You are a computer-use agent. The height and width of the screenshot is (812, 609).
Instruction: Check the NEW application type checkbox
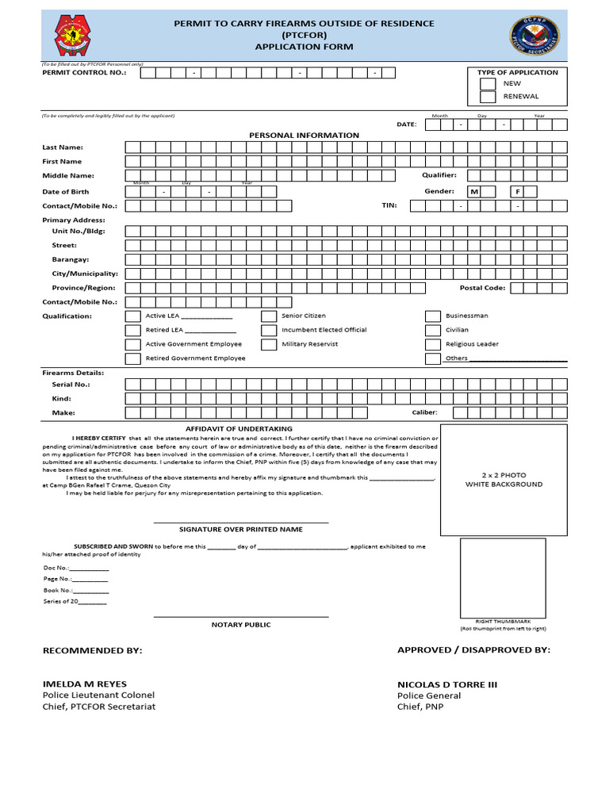pos(488,83)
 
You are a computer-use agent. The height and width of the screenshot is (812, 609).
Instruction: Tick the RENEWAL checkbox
pos(488,97)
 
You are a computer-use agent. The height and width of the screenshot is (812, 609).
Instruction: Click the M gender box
pos(475,192)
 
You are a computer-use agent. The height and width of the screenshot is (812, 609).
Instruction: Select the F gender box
pos(518,192)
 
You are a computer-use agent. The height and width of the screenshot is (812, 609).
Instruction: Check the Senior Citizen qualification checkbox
pos(269,316)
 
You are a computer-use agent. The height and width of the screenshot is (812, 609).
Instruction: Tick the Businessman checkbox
pos(432,316)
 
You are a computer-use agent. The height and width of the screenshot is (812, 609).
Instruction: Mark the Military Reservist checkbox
pos(269,344)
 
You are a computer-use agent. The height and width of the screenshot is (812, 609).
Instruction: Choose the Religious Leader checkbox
pos(432,344)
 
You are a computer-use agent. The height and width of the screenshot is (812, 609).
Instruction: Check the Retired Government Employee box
pos(132,358)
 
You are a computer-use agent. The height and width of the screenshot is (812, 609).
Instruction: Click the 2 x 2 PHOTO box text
pos(504,480)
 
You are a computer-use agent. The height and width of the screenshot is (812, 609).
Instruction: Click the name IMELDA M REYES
pos(84,684)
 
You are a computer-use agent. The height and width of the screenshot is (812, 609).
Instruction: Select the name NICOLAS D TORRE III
pos(447,684)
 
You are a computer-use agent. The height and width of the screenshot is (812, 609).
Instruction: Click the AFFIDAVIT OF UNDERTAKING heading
pos(239,428)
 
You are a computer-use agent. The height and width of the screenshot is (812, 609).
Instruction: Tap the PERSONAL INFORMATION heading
pos(304,136)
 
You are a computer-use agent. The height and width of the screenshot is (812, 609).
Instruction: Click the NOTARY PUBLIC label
pos(240,625)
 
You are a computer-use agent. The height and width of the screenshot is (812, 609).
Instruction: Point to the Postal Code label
pos(482,288)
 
